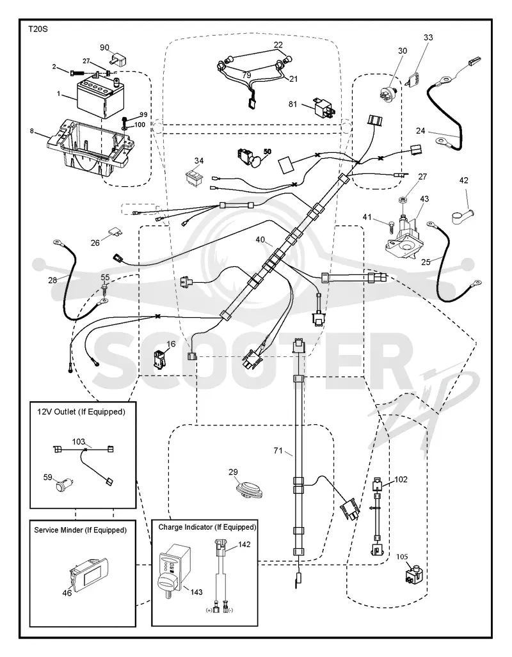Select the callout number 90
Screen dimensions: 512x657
point(105,48)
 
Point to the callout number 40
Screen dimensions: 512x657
point(260,240)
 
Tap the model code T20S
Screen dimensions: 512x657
point(38,29)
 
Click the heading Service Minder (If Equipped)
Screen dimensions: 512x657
point(80,530)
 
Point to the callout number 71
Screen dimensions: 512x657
point(278,451)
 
